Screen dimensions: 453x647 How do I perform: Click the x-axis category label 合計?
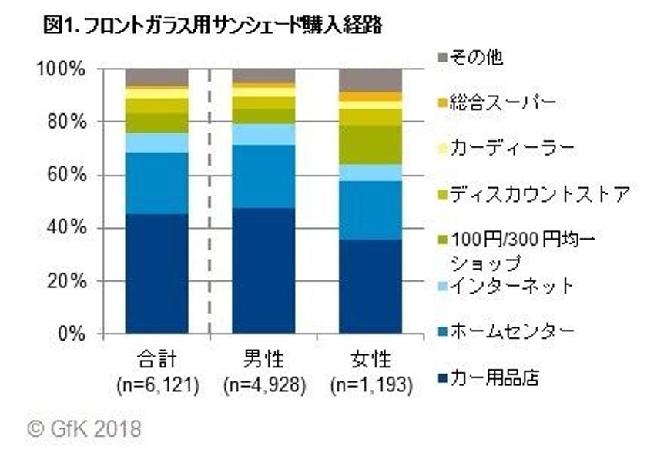pyautogui.click(x=157, y=360)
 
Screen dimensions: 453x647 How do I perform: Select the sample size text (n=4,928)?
pyautogui.click(x=263, y=383)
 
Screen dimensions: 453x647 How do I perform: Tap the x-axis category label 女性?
pyautogui.click(x=370, y=360)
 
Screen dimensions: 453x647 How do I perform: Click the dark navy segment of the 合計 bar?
pyautogui.click(x=157, y=273)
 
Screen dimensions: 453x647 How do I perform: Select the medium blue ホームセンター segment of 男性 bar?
pyautogui.click(x=263, y=176)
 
